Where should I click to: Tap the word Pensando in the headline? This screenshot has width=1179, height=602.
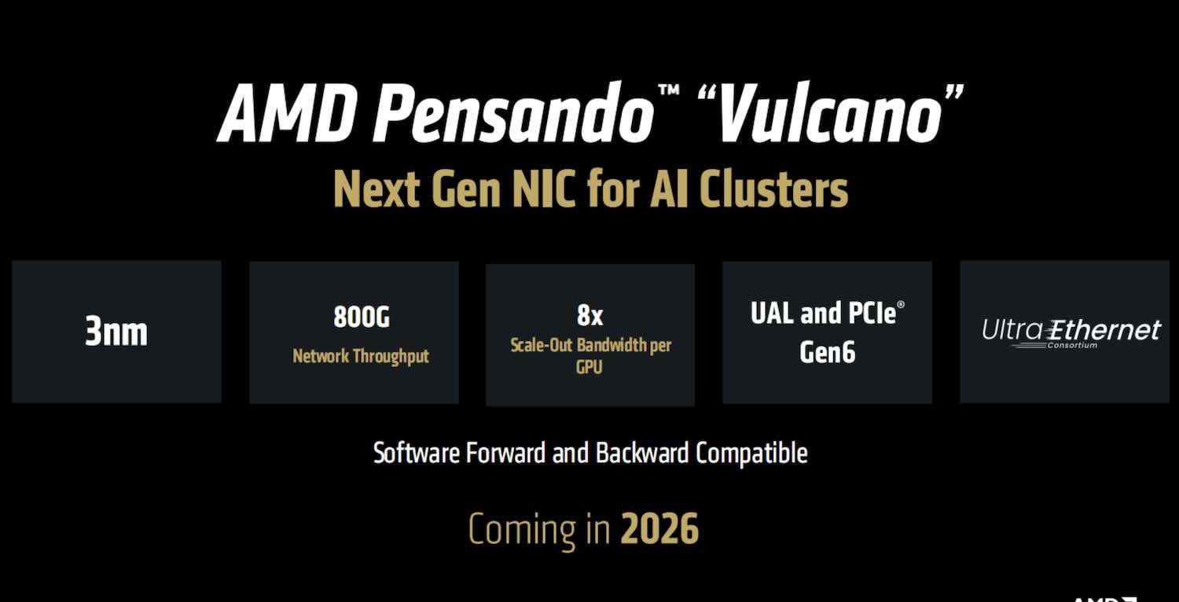513,112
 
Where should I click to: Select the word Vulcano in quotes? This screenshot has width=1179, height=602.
830,112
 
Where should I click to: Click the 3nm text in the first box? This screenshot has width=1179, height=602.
116,332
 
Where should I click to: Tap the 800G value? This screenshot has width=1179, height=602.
362,317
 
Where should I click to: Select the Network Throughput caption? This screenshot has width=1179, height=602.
361,356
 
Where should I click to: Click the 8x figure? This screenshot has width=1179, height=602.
589,315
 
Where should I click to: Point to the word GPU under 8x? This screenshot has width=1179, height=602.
589,367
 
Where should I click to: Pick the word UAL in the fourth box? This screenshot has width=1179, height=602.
772,313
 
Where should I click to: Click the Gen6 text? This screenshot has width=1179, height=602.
827,352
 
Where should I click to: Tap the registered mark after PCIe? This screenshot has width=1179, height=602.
901,305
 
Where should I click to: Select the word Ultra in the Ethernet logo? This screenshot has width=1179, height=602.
1012,330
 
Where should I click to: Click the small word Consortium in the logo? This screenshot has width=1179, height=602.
1072,346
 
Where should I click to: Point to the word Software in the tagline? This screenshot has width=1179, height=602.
416,453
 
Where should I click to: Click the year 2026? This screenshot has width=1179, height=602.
659,529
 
